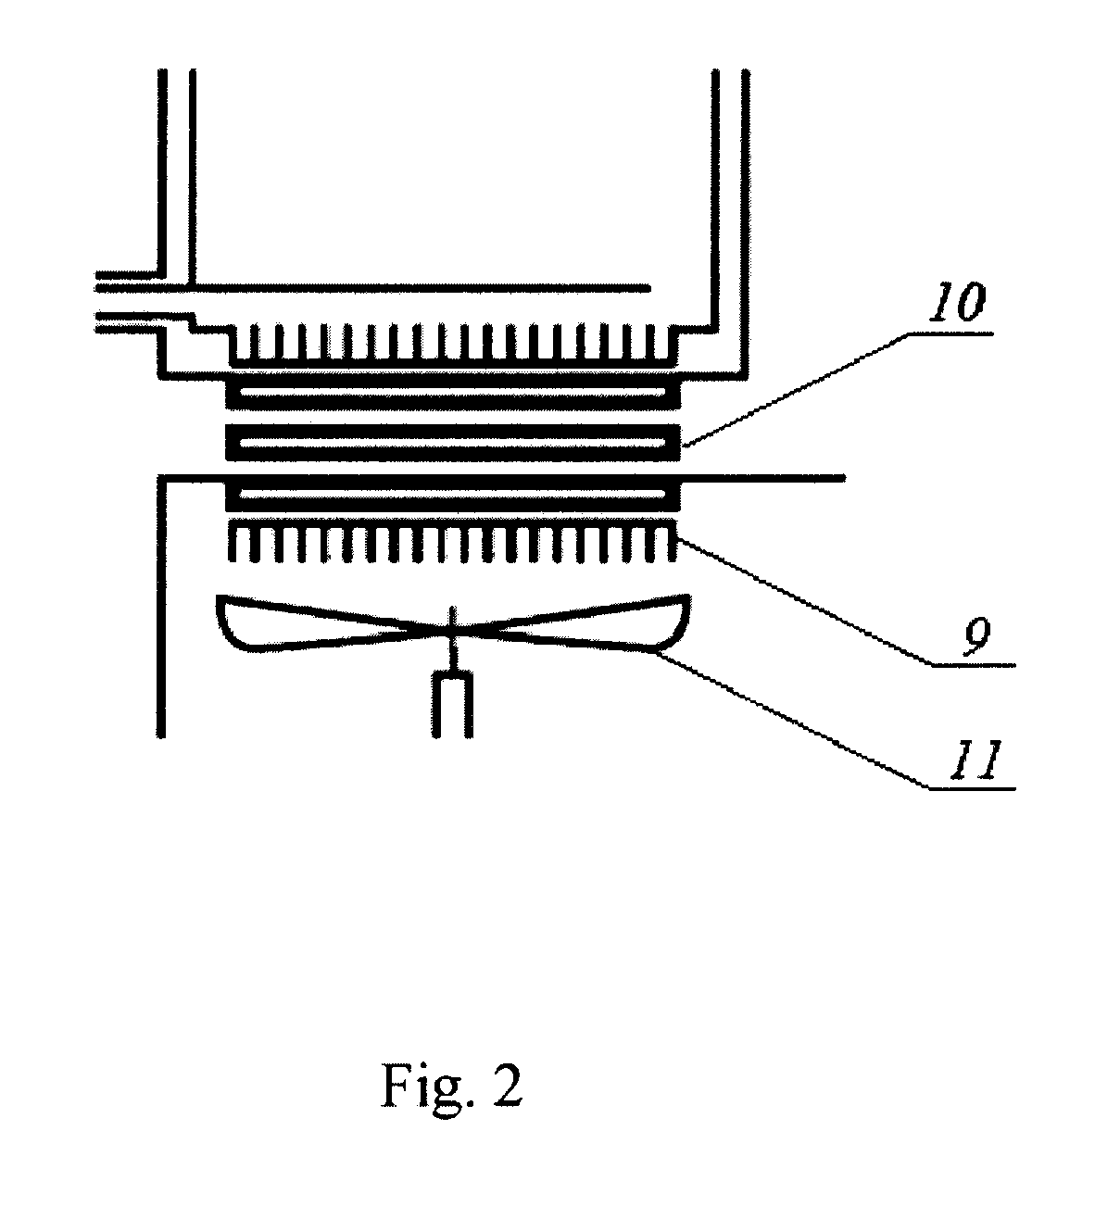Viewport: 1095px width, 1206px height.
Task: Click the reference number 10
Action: coord(957,301)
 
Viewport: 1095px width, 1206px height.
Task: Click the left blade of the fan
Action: coord(325,622)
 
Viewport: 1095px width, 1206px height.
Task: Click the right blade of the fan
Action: coord(572,622)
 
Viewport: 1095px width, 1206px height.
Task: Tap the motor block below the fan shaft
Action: coord(451,704)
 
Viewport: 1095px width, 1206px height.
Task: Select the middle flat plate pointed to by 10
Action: coord(453,443)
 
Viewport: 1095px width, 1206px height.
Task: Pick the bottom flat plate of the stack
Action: coord(453,496)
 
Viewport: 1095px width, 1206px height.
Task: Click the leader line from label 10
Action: coord(796,390)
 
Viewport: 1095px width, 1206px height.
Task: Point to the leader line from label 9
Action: coord(805,602)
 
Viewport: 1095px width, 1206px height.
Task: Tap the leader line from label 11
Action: coord(790,719)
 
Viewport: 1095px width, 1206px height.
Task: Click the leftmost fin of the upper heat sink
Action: coord(255,342)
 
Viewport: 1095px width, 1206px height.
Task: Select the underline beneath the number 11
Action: coord(972,787)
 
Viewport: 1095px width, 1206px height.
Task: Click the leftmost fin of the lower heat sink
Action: coord(233,542)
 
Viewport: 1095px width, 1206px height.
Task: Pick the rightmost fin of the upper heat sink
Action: coord(650,342)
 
